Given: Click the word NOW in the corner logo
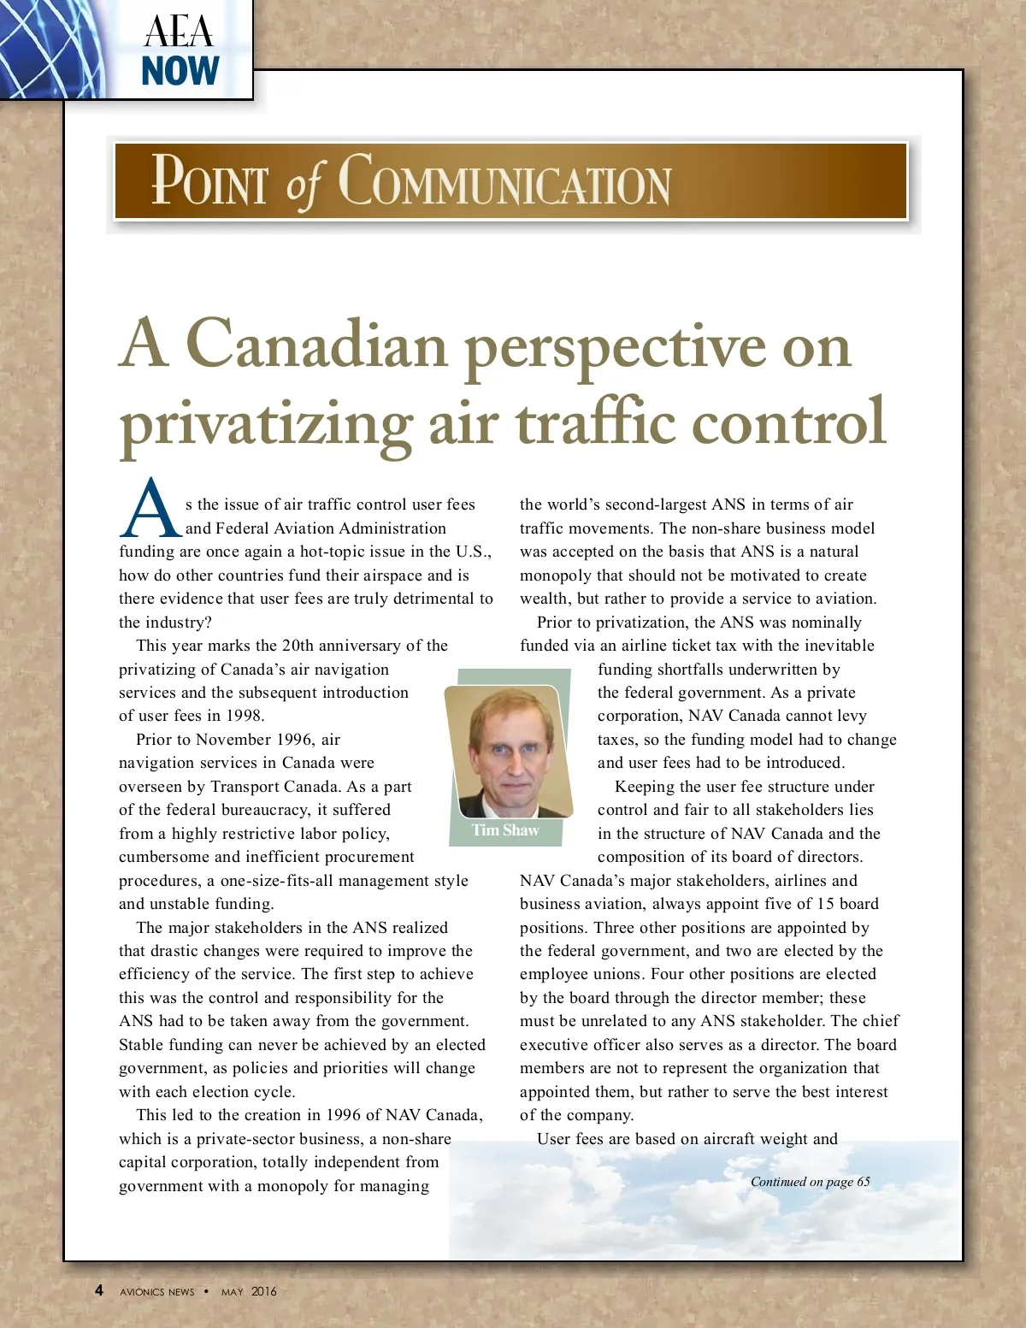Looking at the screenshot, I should tap(180, 71).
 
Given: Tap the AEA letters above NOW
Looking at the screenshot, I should tap(179, 32).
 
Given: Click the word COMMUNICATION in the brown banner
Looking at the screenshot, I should tap(504, 182).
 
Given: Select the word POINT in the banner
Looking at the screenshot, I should tap(209, 181).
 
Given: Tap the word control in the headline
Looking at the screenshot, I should tap(787, 422).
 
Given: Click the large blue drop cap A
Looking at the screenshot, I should tap(150, 510).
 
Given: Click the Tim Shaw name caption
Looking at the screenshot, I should tap(505, 830).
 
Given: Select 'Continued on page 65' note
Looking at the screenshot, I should tap(810, 1182).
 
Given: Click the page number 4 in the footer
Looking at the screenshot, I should tap(99, 1290).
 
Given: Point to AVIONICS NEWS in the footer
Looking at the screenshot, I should tap(157, 1292).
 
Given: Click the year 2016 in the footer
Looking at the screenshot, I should tap(264, 1291).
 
